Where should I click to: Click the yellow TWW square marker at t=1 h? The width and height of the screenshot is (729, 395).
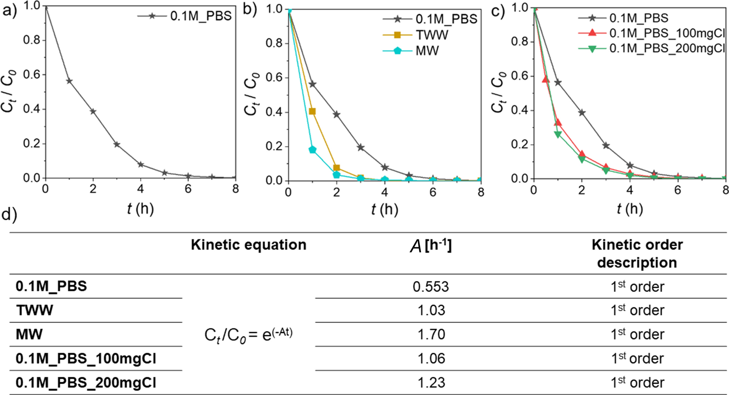pyautogui.click(x=312, y=111)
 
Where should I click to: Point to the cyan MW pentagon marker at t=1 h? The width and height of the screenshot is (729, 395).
pyautogui.click(x=312, y=150)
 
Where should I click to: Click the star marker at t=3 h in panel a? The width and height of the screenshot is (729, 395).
pyautogui.click(x=117, y=144)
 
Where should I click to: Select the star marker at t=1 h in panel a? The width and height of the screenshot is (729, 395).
pyautogui.click(x=69, y=81)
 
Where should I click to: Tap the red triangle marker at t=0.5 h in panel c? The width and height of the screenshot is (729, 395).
pyautogui.click(x=546, y=79)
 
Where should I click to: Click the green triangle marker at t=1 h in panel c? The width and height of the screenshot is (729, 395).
pyautogui.click(x=558, y=135)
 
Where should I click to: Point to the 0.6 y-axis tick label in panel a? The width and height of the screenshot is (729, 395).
pyautogui.click(x=32, y=74)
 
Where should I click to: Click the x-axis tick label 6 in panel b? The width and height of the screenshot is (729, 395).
pyautogui.click(x=433, y=192)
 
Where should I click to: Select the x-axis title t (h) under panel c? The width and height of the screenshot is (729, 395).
pyautogui.click(x=629, y=209)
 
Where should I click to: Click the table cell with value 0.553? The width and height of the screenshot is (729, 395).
pyautogui.click(x=431, y=286)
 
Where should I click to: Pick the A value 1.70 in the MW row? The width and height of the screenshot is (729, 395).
pyautogui.click(x=431, y=334)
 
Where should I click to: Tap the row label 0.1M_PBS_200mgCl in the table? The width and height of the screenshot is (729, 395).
pyautogui.click(x=86, y=382)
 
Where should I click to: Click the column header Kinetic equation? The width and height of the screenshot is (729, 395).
pyautogui.click(x=248, y=245)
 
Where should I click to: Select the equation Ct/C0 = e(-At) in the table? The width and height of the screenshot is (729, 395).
pyautogui.click(x=248, y=335)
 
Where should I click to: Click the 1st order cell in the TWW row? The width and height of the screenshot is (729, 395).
pyautogui.click(x=637, y=310)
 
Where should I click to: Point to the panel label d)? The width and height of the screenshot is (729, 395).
pyautogui.click(x=9, y=215)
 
